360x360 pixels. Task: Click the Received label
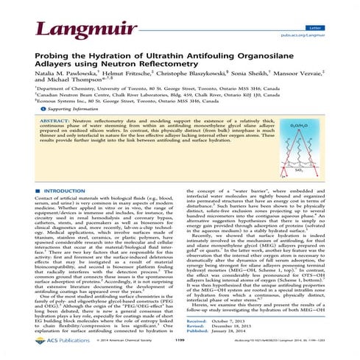(199, 322)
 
